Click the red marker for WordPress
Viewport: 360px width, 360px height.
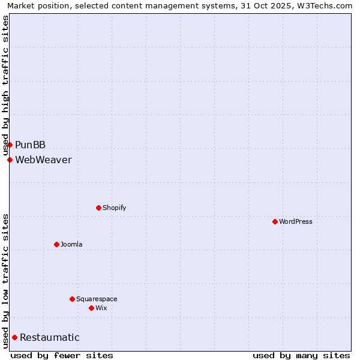click(x=275, y=221)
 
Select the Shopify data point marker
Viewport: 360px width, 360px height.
click(x=98, y=208)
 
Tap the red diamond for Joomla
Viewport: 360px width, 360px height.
click(x=56, y=244)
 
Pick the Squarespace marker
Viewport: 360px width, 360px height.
click(x=72, y=299)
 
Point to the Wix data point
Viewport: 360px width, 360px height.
click(x=91, y=308)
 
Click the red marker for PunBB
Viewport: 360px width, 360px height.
click(x=10, y=145)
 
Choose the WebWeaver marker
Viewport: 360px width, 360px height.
click(x=10, y=160)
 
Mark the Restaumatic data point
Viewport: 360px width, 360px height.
click(x=14, y=337)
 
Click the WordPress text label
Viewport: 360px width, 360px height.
click(x=296, y=221)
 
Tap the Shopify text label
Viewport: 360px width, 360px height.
click(x=114, y=208)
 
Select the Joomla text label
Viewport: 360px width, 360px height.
click(x=71, y=244)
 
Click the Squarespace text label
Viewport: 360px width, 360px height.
click(x=97, y=299)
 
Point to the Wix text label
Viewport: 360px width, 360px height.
click(x=101, y=308)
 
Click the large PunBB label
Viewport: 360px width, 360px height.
click(x=30, y=145)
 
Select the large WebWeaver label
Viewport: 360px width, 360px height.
click(x=43, y=160)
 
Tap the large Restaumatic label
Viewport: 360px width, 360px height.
click(x=49, y=337)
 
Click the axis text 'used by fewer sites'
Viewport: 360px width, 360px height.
click(x=62, y=355)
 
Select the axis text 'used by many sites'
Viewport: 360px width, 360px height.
click(x=301, y=355)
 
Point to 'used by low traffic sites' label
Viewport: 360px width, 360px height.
click(x=6, y=281)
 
